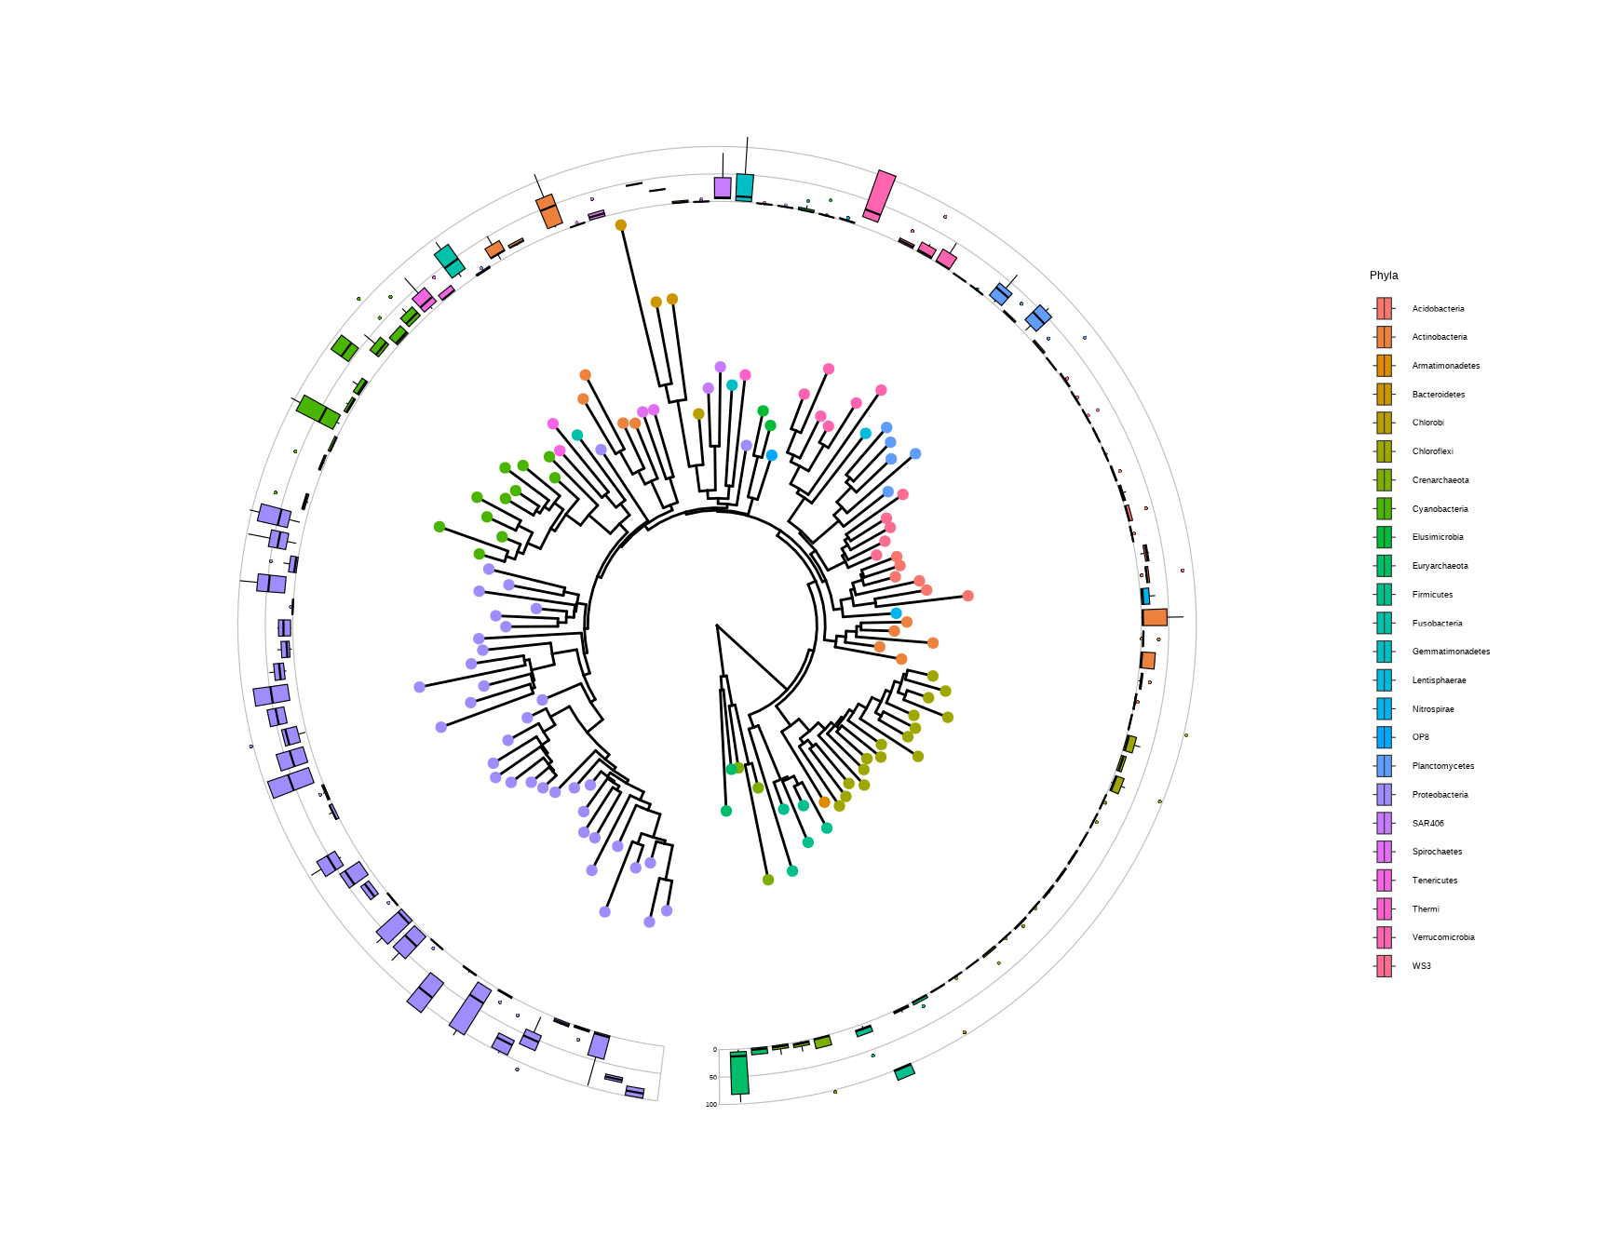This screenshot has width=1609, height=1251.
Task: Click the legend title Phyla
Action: [x=1384, y=276]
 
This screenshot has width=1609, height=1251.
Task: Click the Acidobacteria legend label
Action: [x=1438, y=309]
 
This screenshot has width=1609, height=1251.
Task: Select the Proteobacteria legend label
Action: [x=1440, y=795]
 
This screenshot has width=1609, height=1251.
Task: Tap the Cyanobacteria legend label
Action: [x=1440, y=509]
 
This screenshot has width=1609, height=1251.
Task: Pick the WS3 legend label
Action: [x=1421, y=966]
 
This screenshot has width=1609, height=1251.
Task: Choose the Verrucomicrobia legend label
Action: [x=1442, y=937]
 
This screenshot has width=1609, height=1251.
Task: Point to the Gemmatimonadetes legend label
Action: [x=1451, y=652]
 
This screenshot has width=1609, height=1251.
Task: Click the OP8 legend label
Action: [x=1420, y=737]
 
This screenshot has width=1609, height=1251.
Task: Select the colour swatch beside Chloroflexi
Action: [x=1385, y=451]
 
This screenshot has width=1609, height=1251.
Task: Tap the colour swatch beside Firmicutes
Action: [x=1385, y=595]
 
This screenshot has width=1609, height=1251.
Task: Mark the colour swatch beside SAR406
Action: [x=1385, y=823]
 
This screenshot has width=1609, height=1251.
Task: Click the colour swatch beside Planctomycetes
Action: [x=1385, y=766]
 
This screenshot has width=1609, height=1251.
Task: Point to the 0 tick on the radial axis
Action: [x=715, y=1050]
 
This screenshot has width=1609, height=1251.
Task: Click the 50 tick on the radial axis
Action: [x=713, y=1077]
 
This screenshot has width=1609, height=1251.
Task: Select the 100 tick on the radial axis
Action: [x=711, y=1105]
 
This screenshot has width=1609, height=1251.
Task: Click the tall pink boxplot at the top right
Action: [x=879, y=195]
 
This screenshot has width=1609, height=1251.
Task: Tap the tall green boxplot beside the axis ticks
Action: [x=739, y=1073]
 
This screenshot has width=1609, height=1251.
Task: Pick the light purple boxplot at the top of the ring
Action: [x=723, y=188]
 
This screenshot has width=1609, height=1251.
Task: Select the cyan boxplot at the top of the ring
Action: [x=744, y=187]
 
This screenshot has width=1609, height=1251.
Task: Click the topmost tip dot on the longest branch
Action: [x=621, y=225]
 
